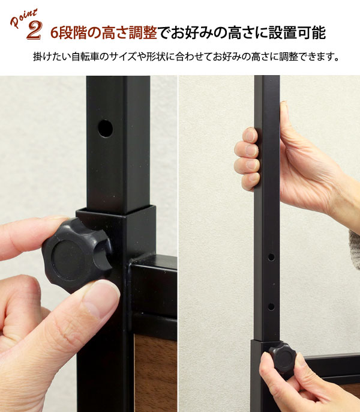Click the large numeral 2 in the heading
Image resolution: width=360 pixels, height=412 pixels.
click(x=34, y=31)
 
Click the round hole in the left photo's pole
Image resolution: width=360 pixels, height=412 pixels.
click(x=106, y=128)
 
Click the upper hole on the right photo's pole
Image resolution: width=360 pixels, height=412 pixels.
click(x=271, y=256)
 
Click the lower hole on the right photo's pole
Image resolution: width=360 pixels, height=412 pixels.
click(x=271, y=306)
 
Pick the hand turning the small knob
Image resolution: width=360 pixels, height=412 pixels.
click(x=288, y=384)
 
